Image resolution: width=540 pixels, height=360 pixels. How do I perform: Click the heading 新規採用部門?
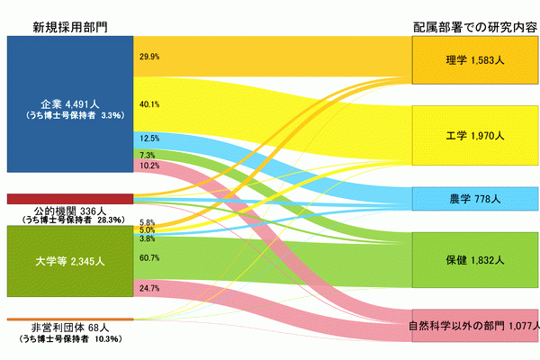70,27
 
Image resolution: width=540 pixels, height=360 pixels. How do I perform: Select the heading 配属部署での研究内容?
475,27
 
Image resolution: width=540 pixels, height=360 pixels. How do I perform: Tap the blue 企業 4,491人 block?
70,104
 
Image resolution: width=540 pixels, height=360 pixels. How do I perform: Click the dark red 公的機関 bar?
70,199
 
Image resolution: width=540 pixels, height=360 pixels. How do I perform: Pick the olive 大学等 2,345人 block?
70,261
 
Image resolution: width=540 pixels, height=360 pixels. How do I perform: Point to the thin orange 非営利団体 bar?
70,319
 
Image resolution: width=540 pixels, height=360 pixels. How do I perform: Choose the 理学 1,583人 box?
475,60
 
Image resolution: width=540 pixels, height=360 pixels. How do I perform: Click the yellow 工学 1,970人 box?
475,135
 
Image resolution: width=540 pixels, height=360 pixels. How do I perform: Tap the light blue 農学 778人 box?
475,199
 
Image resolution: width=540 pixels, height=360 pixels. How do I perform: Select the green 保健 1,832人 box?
475,260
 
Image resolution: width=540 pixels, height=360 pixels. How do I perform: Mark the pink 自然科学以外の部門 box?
475,326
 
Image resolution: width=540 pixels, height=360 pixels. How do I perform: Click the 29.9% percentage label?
149,57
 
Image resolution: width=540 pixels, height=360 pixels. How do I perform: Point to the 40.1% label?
149,104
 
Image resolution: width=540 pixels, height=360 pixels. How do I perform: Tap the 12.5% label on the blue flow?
149,139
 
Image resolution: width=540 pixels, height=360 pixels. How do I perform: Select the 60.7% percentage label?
149,257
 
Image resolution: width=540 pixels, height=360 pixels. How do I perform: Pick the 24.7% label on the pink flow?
149,288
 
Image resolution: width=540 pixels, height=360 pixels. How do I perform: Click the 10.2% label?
149,166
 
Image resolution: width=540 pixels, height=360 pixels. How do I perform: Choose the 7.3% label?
147,156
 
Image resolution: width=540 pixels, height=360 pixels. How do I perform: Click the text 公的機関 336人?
70,211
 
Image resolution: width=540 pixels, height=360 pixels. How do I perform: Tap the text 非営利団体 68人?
70,328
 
